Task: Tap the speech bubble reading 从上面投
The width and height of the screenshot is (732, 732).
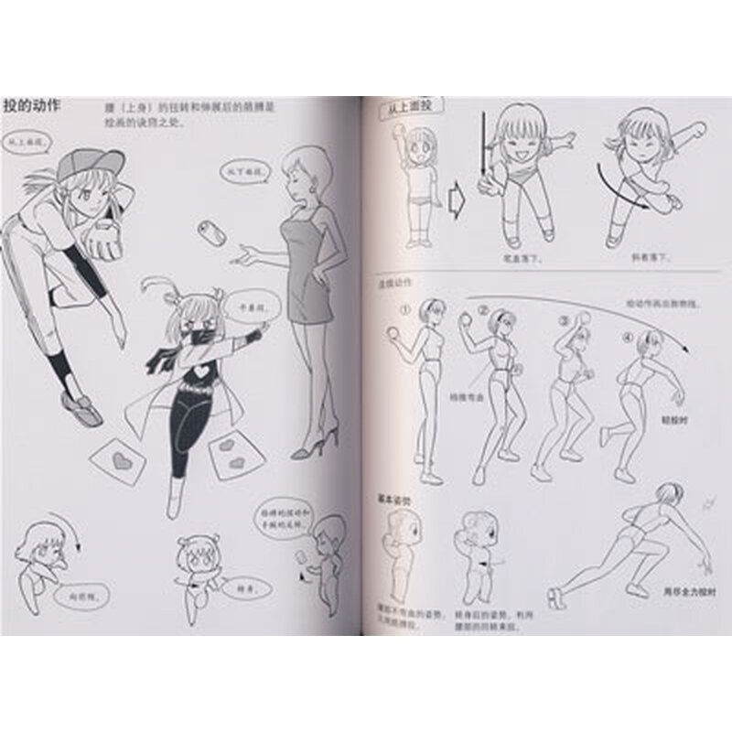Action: click(x=25, y=144)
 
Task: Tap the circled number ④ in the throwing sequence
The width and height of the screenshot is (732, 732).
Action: click(x=627, y=335)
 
